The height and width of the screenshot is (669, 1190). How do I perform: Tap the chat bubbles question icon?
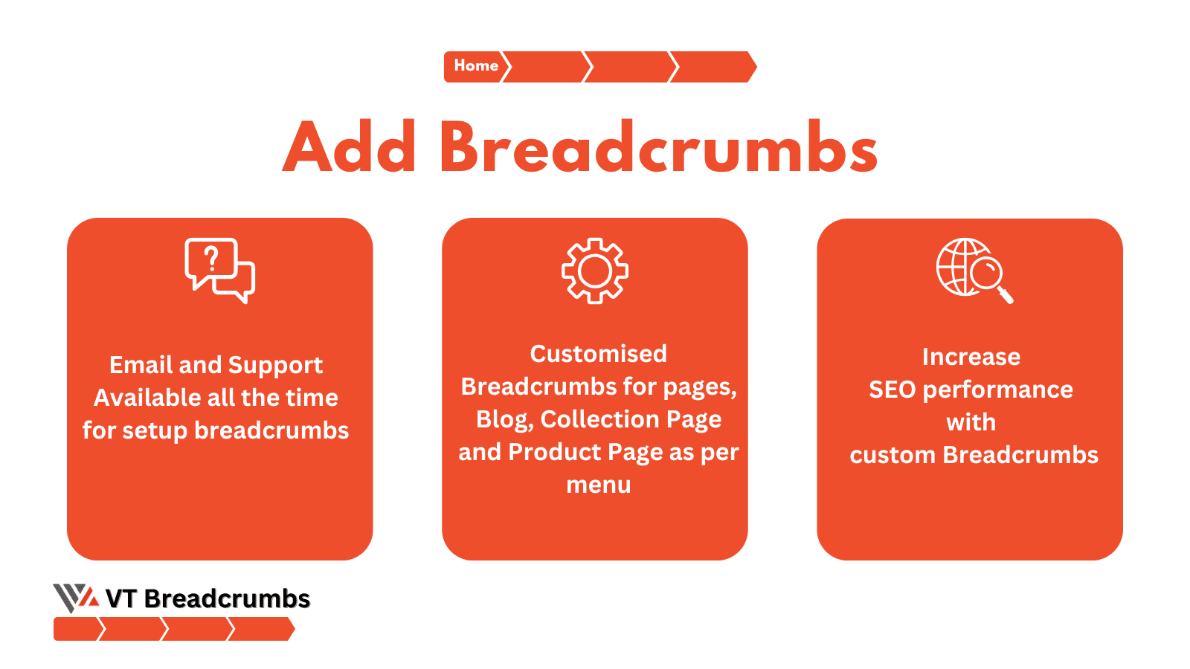pyautogui.click(x=220, y=271)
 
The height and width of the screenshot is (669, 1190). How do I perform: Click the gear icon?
pyautogui.click(x=595, y=271)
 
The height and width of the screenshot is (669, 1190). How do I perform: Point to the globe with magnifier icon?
pyautogui.click(x=974, y=271)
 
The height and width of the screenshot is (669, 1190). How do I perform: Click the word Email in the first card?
pyautogui.click(x=141, y=365)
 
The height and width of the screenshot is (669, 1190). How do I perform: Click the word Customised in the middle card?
pyautogui.click(x=598, y=354)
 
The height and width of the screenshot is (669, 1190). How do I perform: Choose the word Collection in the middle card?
pyautogui.click(x=599, y=419)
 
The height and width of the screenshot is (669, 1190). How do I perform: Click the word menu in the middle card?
pyautogui.click(x=599, y=485)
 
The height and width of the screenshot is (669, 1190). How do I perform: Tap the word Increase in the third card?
pyautogui.click(x=971, y=357)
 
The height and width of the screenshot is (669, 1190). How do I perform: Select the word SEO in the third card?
pyautogui.click(x=892, y=390)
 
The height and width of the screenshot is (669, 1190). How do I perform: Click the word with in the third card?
pyautogui.click(x=971, y=423)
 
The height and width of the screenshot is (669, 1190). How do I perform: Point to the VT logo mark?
pyautogui.click(x=76, y=598)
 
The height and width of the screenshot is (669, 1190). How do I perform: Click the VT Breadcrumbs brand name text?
pyautogui.click(x=208, y=599)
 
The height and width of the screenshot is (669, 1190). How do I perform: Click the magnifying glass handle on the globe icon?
pyautogui.click(x=1006, y=295)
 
